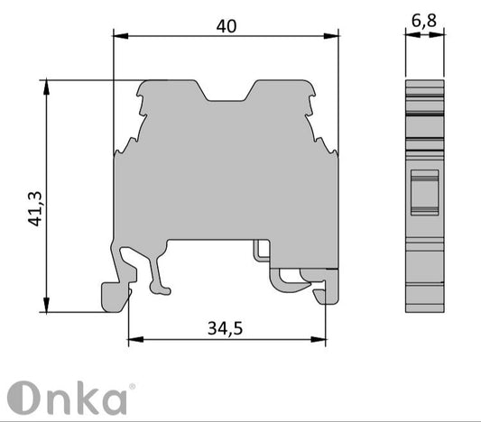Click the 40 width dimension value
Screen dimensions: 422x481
tap(227, 26)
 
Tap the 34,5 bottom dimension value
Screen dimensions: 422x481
tap(227, 328)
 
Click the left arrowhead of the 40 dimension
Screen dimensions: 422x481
tap(118, 37)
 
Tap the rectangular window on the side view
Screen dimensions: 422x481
tap(424, 192)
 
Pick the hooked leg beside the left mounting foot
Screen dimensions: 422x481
tap(159, 274)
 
